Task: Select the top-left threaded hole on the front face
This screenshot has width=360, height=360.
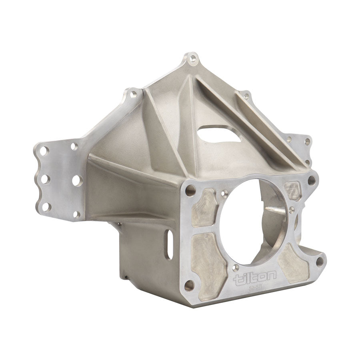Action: (188, 191)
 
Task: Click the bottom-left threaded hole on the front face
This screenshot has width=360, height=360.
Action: (190, 284)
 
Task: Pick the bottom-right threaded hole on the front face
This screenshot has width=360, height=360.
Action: (319, 262)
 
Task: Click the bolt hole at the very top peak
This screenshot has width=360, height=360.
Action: (194, 59)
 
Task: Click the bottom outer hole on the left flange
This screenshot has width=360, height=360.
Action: (47, 206)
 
